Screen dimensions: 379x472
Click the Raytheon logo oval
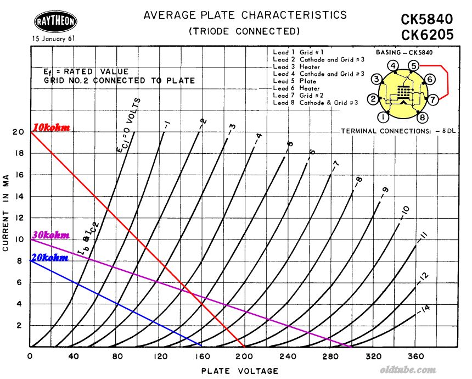pos(55,22)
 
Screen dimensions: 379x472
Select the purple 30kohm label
pos(51,235)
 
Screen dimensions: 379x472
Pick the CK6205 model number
pos(427,35)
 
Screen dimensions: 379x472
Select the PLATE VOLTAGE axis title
pos(239,371)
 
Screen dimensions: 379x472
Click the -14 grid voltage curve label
pos(424,310)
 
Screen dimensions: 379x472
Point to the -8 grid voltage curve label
pos(358,181)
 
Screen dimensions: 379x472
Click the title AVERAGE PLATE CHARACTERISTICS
pos(245,15)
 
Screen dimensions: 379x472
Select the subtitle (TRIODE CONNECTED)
pos(244,31)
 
